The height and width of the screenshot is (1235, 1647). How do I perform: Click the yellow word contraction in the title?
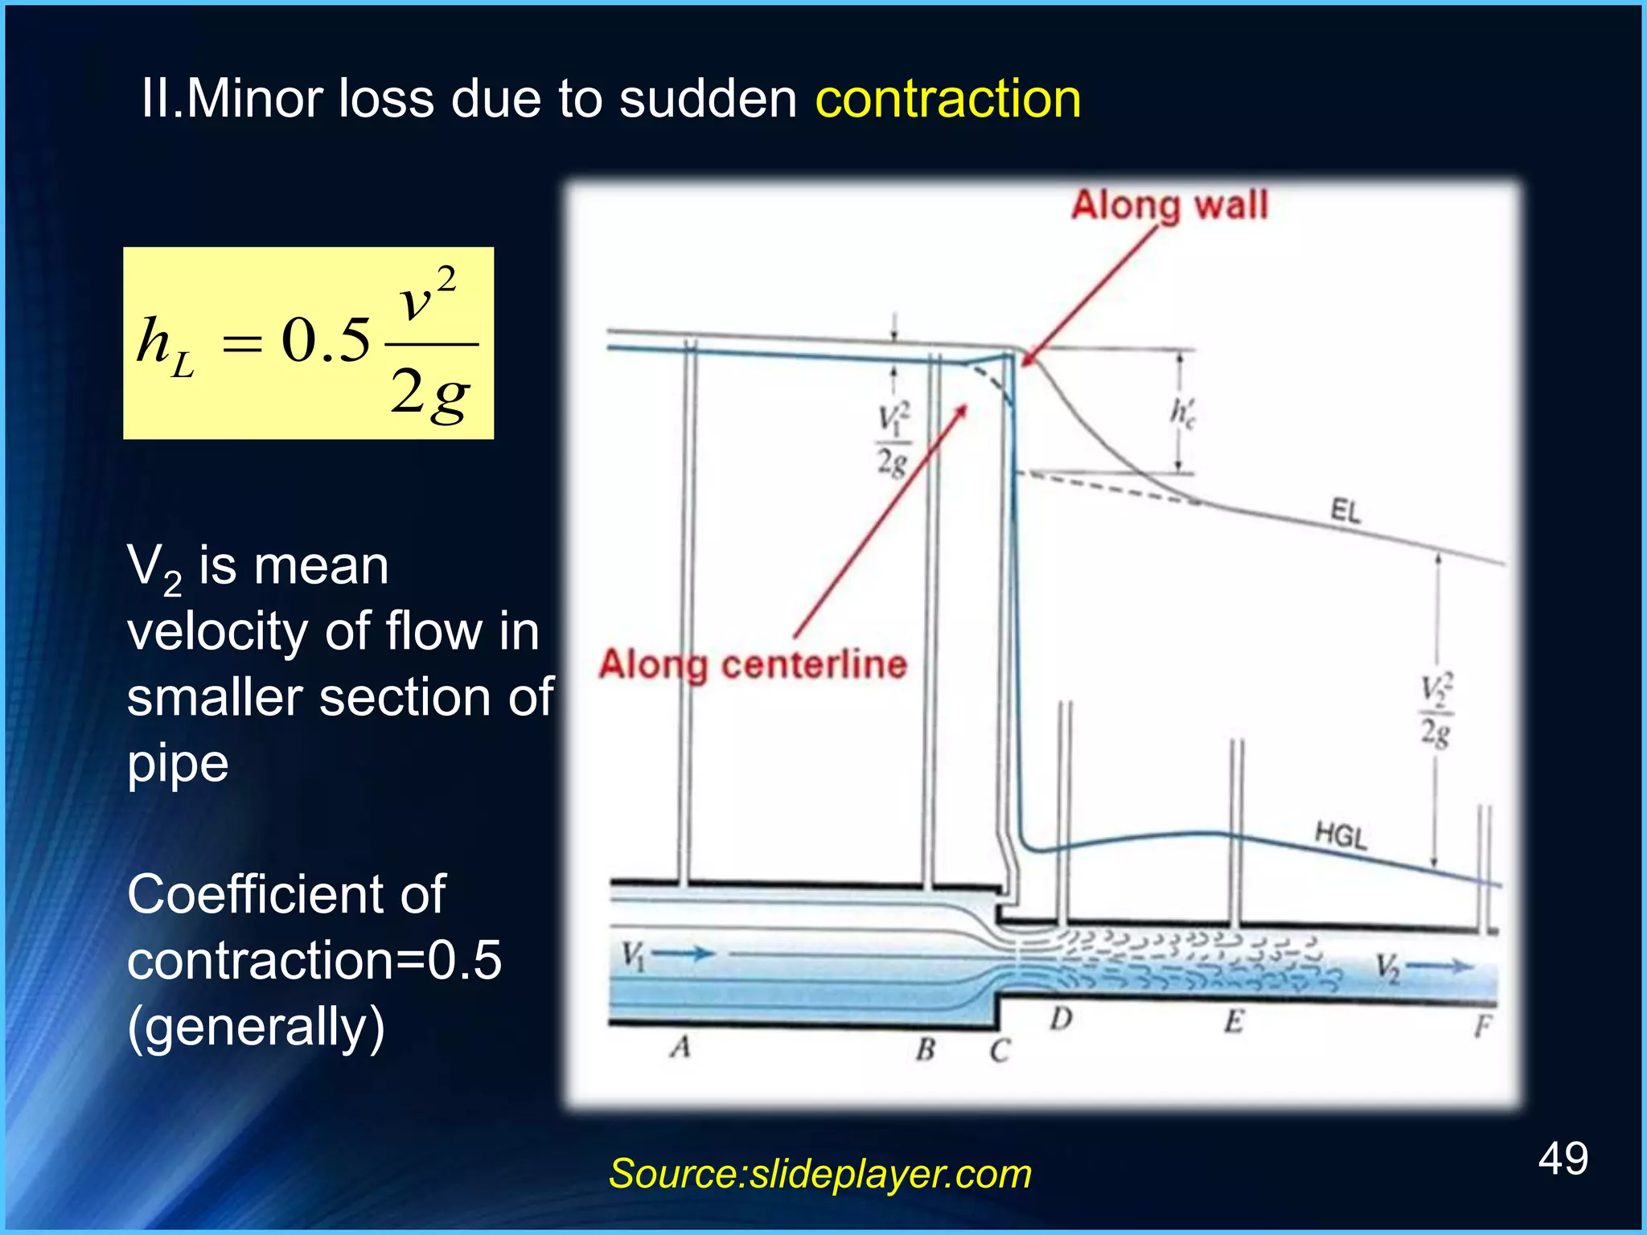point(947,100)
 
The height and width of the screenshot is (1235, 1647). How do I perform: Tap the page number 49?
point(1563,1159)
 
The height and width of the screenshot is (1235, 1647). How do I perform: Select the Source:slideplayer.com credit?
point(819,1173)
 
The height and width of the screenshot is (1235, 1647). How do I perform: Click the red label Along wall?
point(1169,205)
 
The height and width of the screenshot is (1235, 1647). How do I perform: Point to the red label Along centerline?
point(753,665)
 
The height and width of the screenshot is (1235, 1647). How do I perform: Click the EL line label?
point(1345,511)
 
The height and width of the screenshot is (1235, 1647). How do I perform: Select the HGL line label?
point(1341,835)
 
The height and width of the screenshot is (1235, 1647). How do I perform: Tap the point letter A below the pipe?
point(681,1047)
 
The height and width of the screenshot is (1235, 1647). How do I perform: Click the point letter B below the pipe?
point(926,1048)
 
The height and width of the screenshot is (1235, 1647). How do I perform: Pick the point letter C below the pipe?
point(999,1050)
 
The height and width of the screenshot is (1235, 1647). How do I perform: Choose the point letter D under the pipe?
point(1062,1020)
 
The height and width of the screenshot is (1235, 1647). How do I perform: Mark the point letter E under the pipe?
point(1234,1022)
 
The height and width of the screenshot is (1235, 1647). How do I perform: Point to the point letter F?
point(1483,1026)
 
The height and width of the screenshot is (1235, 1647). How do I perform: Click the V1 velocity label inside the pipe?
point(634,955)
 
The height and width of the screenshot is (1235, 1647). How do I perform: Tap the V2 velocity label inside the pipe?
point(1387,966)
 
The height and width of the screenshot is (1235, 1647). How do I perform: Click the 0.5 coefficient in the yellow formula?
point(326,341)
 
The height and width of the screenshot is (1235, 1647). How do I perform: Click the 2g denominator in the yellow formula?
point(429,394)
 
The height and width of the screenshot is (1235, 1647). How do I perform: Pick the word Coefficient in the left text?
point(286,894)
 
